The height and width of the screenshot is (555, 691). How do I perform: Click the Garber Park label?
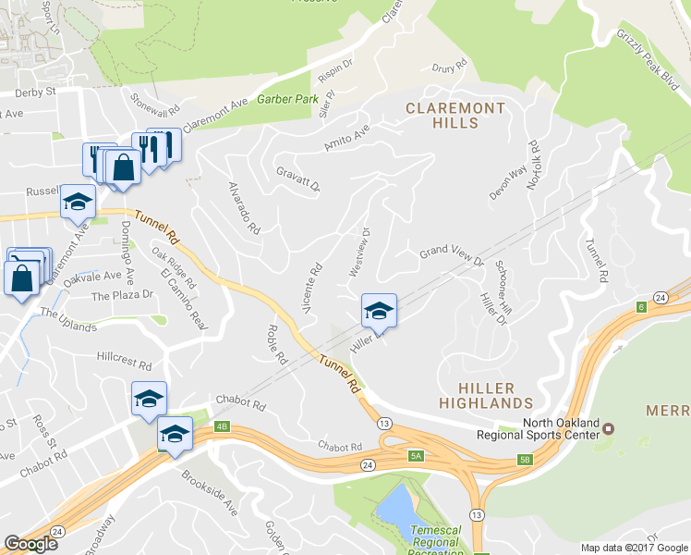coord(287,98)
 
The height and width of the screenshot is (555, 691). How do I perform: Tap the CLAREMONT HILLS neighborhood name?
coord(456,117)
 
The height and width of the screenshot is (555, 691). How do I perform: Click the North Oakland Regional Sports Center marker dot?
coord(609,428)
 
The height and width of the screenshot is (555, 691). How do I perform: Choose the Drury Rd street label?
coord(451,68)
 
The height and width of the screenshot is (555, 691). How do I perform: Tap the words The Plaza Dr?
coord(121,295)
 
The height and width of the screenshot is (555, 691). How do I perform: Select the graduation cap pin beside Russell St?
coord(79,202)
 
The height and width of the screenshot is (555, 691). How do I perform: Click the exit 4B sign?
coord(221,426)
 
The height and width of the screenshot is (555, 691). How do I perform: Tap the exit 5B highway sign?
coord(526,459)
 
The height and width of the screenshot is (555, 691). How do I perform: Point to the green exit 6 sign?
coord(639,306)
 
